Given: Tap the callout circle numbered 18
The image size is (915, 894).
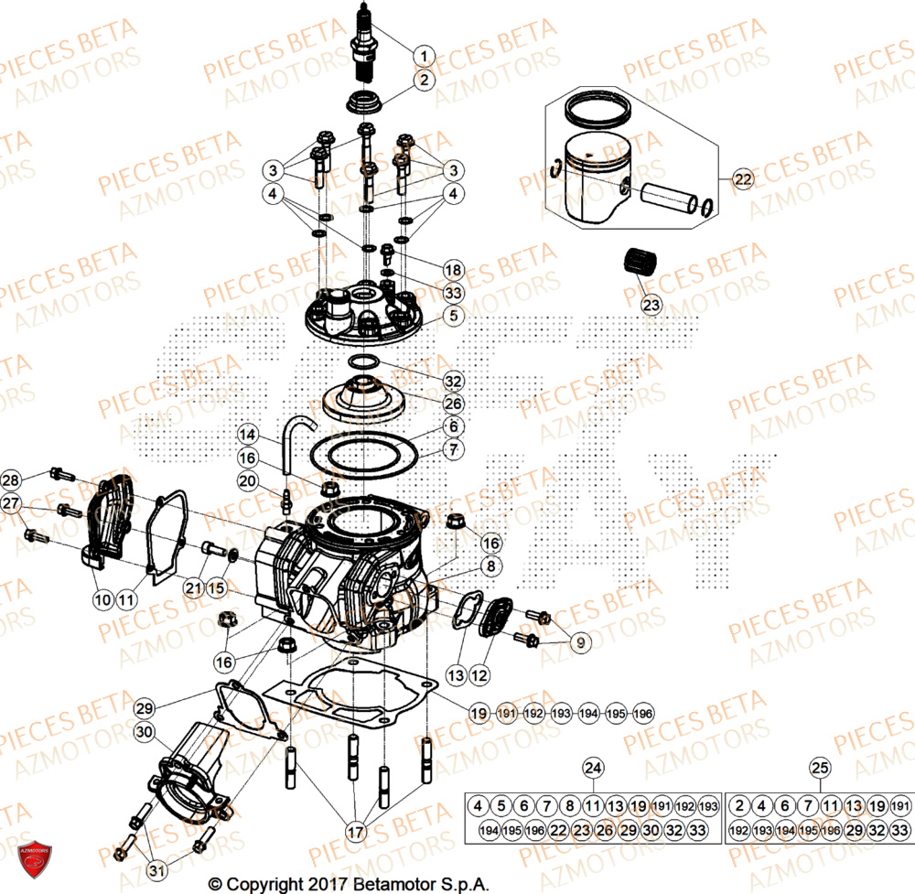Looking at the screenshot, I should (454, 270).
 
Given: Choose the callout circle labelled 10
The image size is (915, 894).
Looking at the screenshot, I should (102, 600).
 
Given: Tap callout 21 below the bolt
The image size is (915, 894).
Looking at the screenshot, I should (192, 587).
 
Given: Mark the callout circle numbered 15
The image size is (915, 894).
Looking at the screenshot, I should (217, 587).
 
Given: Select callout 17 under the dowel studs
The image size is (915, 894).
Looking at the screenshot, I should (355, 832).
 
